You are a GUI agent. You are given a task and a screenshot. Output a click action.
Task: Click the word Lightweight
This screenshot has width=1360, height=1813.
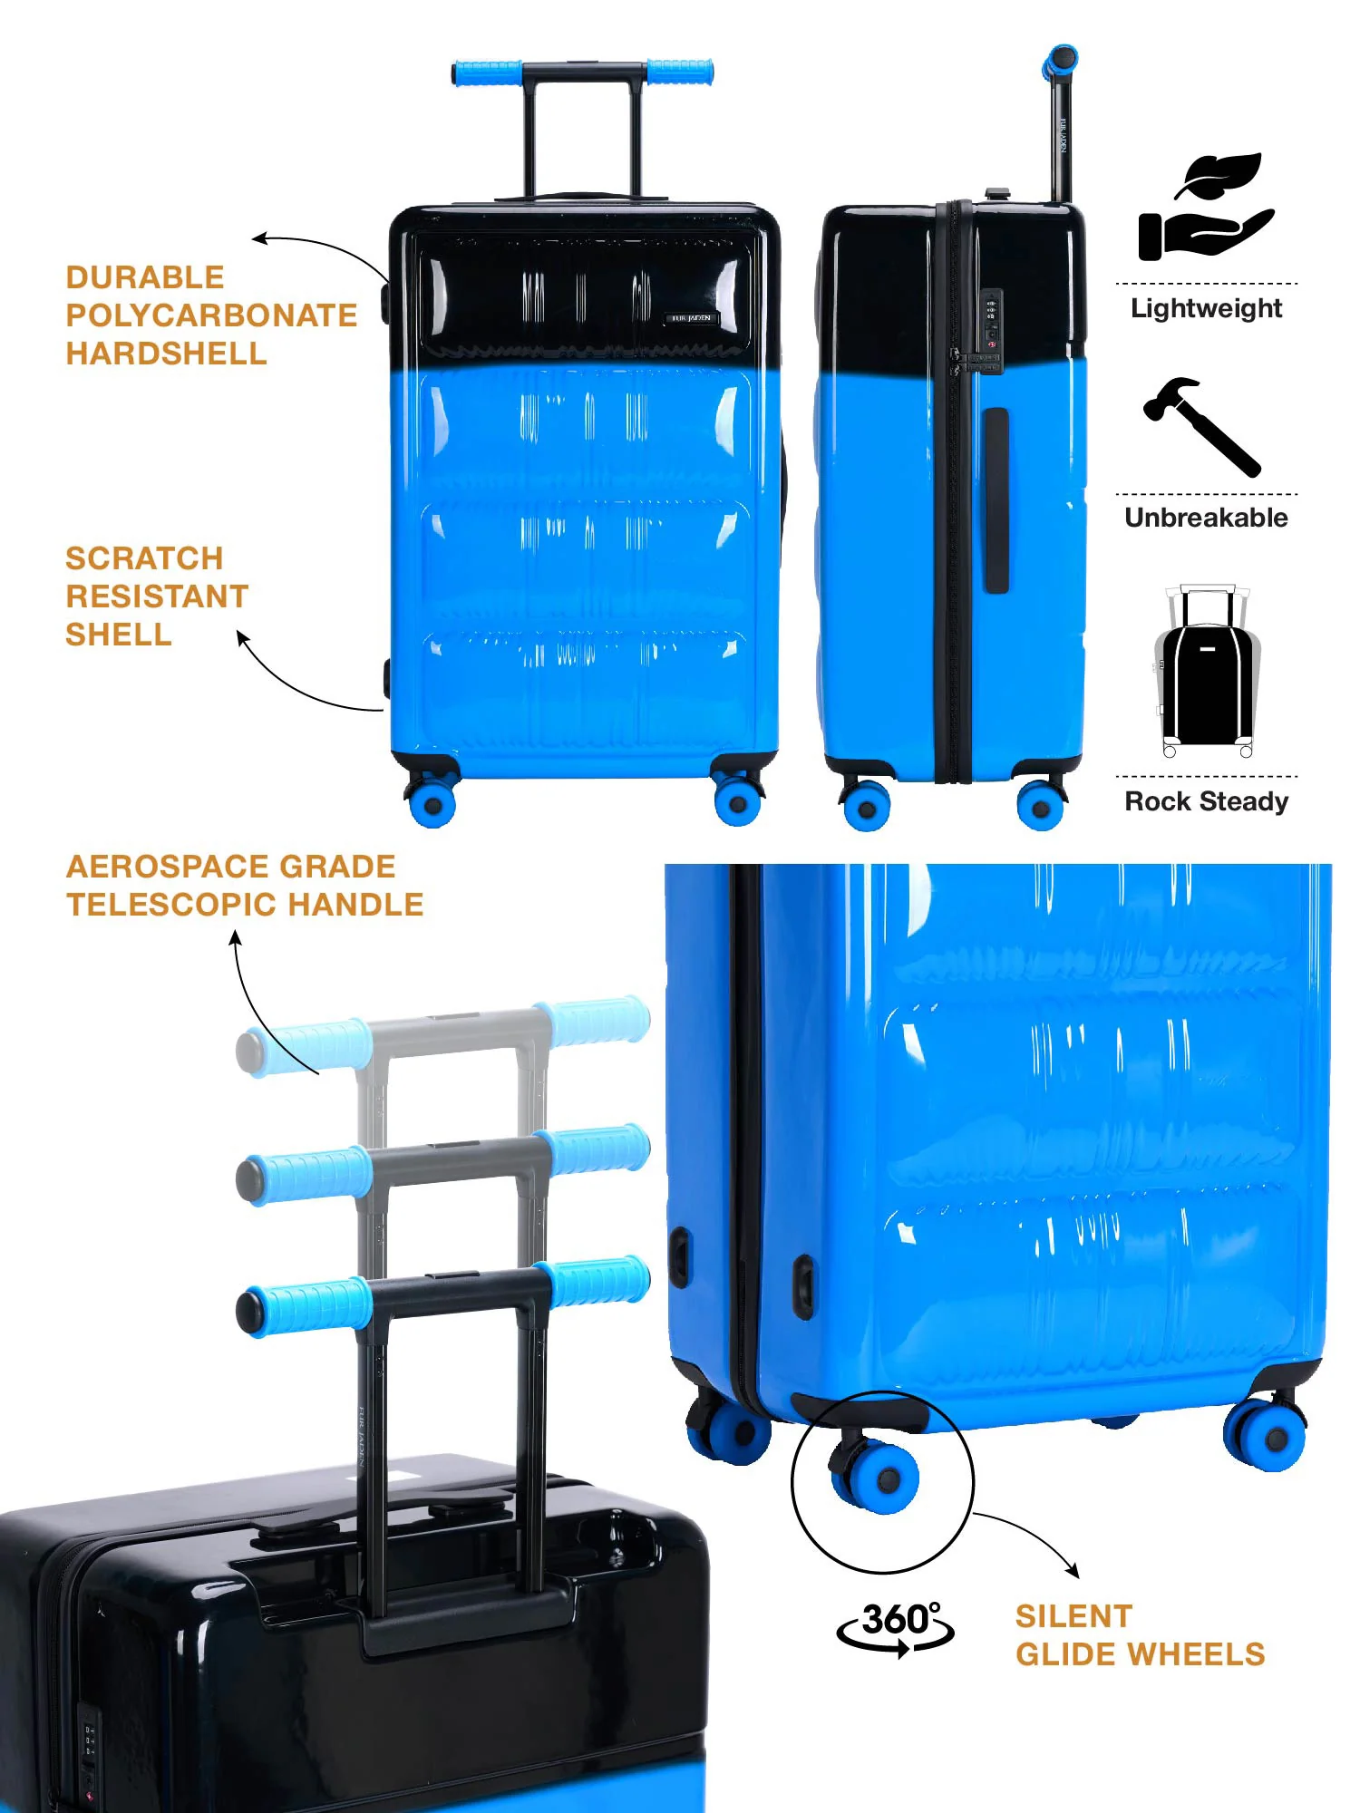point(1206,308)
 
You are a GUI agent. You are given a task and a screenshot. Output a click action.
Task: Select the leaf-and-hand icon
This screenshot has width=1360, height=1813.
point(1206,207)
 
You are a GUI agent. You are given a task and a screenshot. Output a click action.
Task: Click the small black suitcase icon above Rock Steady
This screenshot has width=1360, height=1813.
point(1207,671)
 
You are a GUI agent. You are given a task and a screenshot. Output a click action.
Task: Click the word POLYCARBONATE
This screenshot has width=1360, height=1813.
point(212,315)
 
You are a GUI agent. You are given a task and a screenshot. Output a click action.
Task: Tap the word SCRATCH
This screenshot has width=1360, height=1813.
point(144,558)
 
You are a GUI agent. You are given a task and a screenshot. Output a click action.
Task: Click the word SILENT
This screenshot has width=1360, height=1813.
point(1074,1616)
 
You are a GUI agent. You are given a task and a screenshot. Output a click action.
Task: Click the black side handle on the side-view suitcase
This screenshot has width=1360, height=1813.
point(996,500)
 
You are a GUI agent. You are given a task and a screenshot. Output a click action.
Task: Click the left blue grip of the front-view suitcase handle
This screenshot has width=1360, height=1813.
point(487,73)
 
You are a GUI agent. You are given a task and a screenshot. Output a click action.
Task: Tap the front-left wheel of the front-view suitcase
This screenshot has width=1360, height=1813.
point(432,801)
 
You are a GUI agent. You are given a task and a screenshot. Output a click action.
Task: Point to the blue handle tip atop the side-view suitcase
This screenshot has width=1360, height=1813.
point(1060,61)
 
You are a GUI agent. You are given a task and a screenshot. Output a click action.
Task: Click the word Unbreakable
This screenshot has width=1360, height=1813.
point(1206,518)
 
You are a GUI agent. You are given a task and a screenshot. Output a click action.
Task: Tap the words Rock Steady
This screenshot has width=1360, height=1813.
point(1206,801)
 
